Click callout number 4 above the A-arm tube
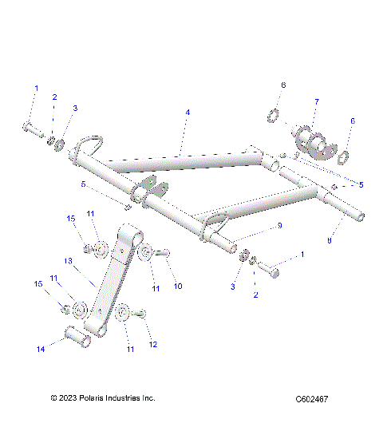tap(188, 113)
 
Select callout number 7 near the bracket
tap(316, 102)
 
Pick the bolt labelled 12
tap(137, 314)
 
